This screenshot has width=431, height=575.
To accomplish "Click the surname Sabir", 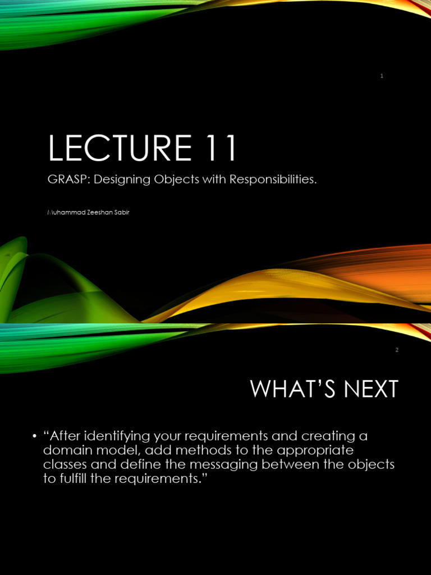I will point(122,212).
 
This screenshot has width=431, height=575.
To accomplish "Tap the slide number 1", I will point(382,76).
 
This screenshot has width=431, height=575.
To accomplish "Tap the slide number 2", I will point(397,350).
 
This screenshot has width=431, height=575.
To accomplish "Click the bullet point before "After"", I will point(35,436).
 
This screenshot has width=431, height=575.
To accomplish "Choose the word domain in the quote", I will point(66,450).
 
